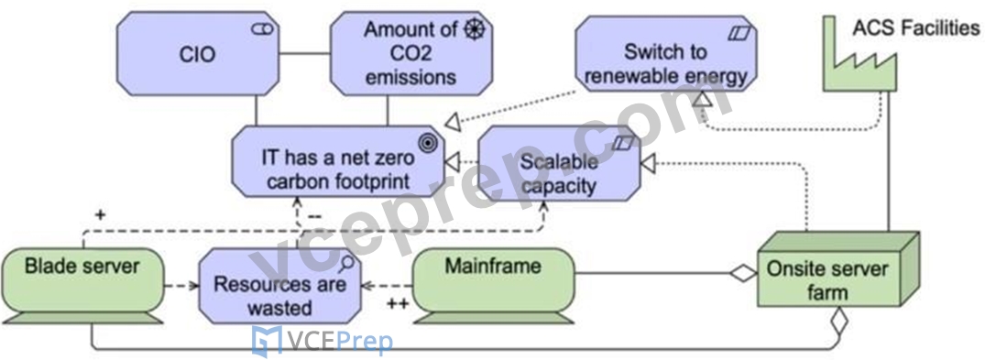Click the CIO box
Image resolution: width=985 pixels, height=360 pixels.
(x=198, y=55)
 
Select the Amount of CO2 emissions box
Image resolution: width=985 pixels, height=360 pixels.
(x=410, y=55)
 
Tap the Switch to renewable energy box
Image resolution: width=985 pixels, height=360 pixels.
(x=666, y=54)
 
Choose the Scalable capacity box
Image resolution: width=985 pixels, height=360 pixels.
(x=559, y=163)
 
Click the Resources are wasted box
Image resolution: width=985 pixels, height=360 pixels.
(x=280, y=286)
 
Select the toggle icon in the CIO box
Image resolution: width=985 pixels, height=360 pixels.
(x=263, y=28)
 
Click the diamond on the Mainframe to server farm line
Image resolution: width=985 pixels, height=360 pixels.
(x=743, y=274)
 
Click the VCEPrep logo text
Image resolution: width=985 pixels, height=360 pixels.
(x=323, y=343)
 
